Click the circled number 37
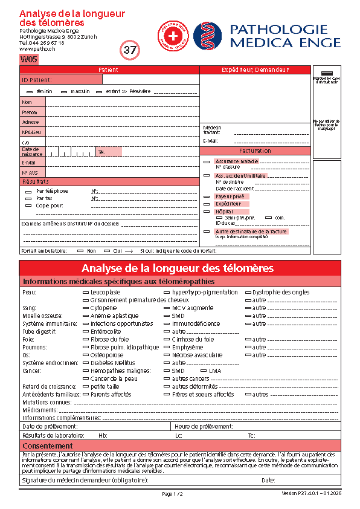click(130, 51)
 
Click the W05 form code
click(29, 60)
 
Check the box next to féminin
click(30, 91)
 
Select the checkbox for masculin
click(65, 91)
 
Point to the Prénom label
click(29, 112)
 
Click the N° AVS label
click(30, 172)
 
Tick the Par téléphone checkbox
click(28, 192)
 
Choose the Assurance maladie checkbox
click(207, 161)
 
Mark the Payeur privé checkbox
click(207, 196)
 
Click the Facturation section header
click(255, 151)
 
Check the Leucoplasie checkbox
click(85, 292)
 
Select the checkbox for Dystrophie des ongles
click(247, 292)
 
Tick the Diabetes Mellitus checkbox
click(85, 363)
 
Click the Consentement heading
click(48, 446)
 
